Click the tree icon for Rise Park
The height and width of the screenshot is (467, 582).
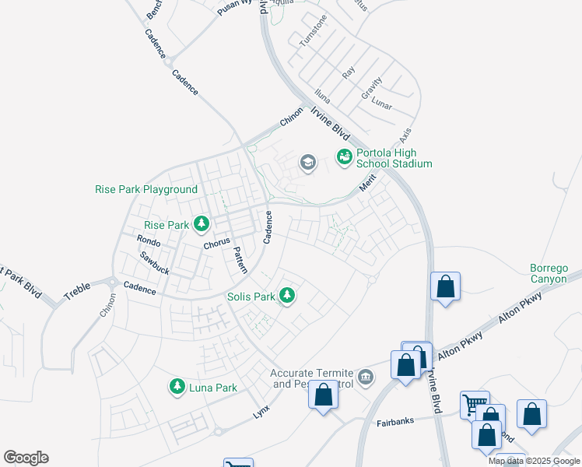coord(202,225)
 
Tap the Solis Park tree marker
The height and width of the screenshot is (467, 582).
coord(287,296)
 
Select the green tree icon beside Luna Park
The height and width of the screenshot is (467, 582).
coord(177,387)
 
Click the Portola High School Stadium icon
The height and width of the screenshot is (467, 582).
coord(344,158)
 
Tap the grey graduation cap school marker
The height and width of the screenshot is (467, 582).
coord(307,163)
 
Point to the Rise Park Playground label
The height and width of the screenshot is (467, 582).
coord(146,189)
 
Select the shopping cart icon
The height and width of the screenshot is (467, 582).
coord(474,404)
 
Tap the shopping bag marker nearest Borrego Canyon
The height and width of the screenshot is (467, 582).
coord(445,286)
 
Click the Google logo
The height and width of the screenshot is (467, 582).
coord(26,458)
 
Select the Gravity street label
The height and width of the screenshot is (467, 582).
coord(371,88)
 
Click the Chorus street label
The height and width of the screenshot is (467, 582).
coord(217,244)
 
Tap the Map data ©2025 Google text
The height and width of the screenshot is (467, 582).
coord(534,461)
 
